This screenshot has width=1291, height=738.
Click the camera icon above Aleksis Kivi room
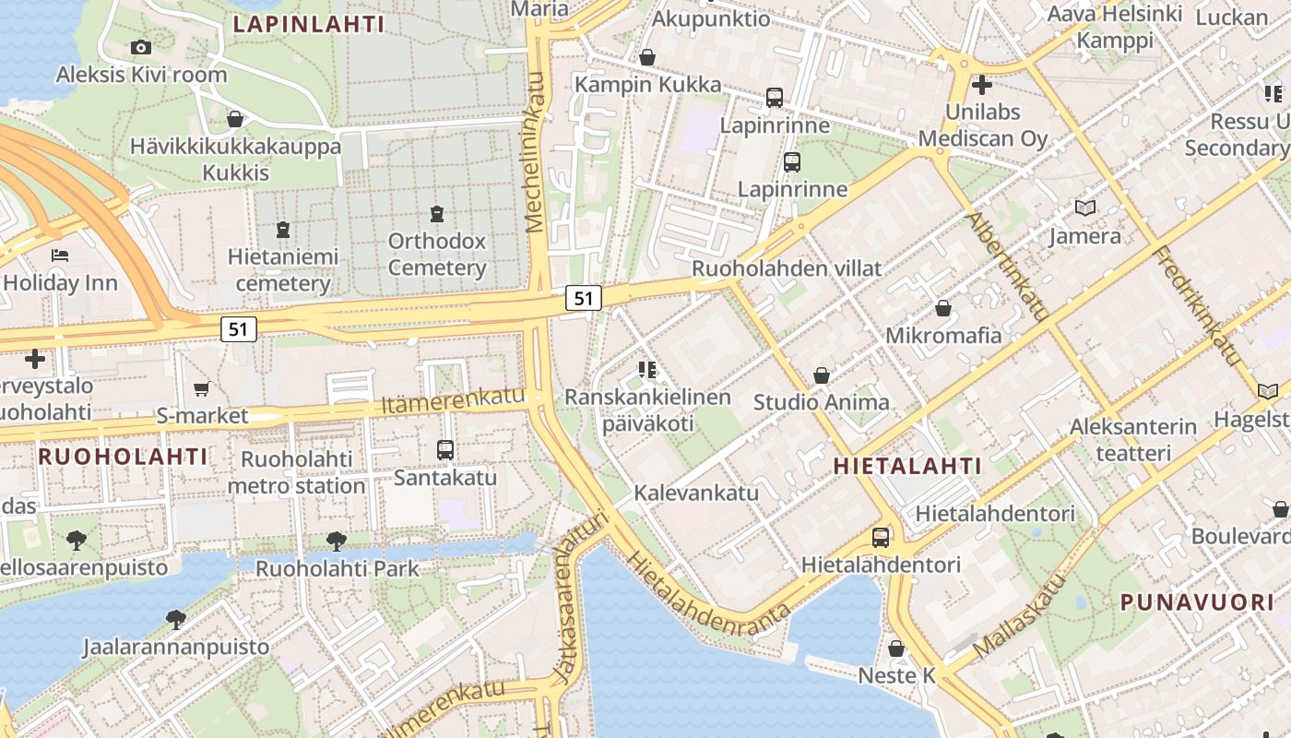click(141, 47)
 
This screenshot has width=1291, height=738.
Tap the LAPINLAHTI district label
click(308, 24)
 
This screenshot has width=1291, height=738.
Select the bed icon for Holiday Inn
click(61, 255)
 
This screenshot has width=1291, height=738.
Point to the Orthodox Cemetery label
click(436, 255)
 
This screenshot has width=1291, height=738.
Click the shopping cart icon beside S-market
click(202, 389)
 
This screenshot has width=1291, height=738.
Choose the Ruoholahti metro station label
click(296, 472)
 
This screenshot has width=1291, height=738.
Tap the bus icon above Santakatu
click(445, 450)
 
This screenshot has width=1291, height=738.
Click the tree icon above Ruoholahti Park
click(337, 541)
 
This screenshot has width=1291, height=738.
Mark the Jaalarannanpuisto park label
click(175, 646)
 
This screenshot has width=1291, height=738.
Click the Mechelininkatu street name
click(535, 153)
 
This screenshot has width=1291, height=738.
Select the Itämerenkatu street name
click(452, 403)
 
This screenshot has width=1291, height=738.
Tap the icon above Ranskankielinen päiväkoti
click(647, 370)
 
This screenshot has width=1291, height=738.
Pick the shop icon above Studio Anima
click(821, 375)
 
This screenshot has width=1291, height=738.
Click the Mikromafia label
click(942, 335)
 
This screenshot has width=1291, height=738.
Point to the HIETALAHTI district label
click(907, 467)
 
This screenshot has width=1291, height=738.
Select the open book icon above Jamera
click(1085, 208)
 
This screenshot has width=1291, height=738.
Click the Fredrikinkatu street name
click(1196, 304)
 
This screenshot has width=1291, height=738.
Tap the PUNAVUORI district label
click(1196, 602)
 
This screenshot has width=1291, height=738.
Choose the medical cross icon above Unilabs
click(982, 85)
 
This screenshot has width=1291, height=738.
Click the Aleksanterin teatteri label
click(1132, 440)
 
